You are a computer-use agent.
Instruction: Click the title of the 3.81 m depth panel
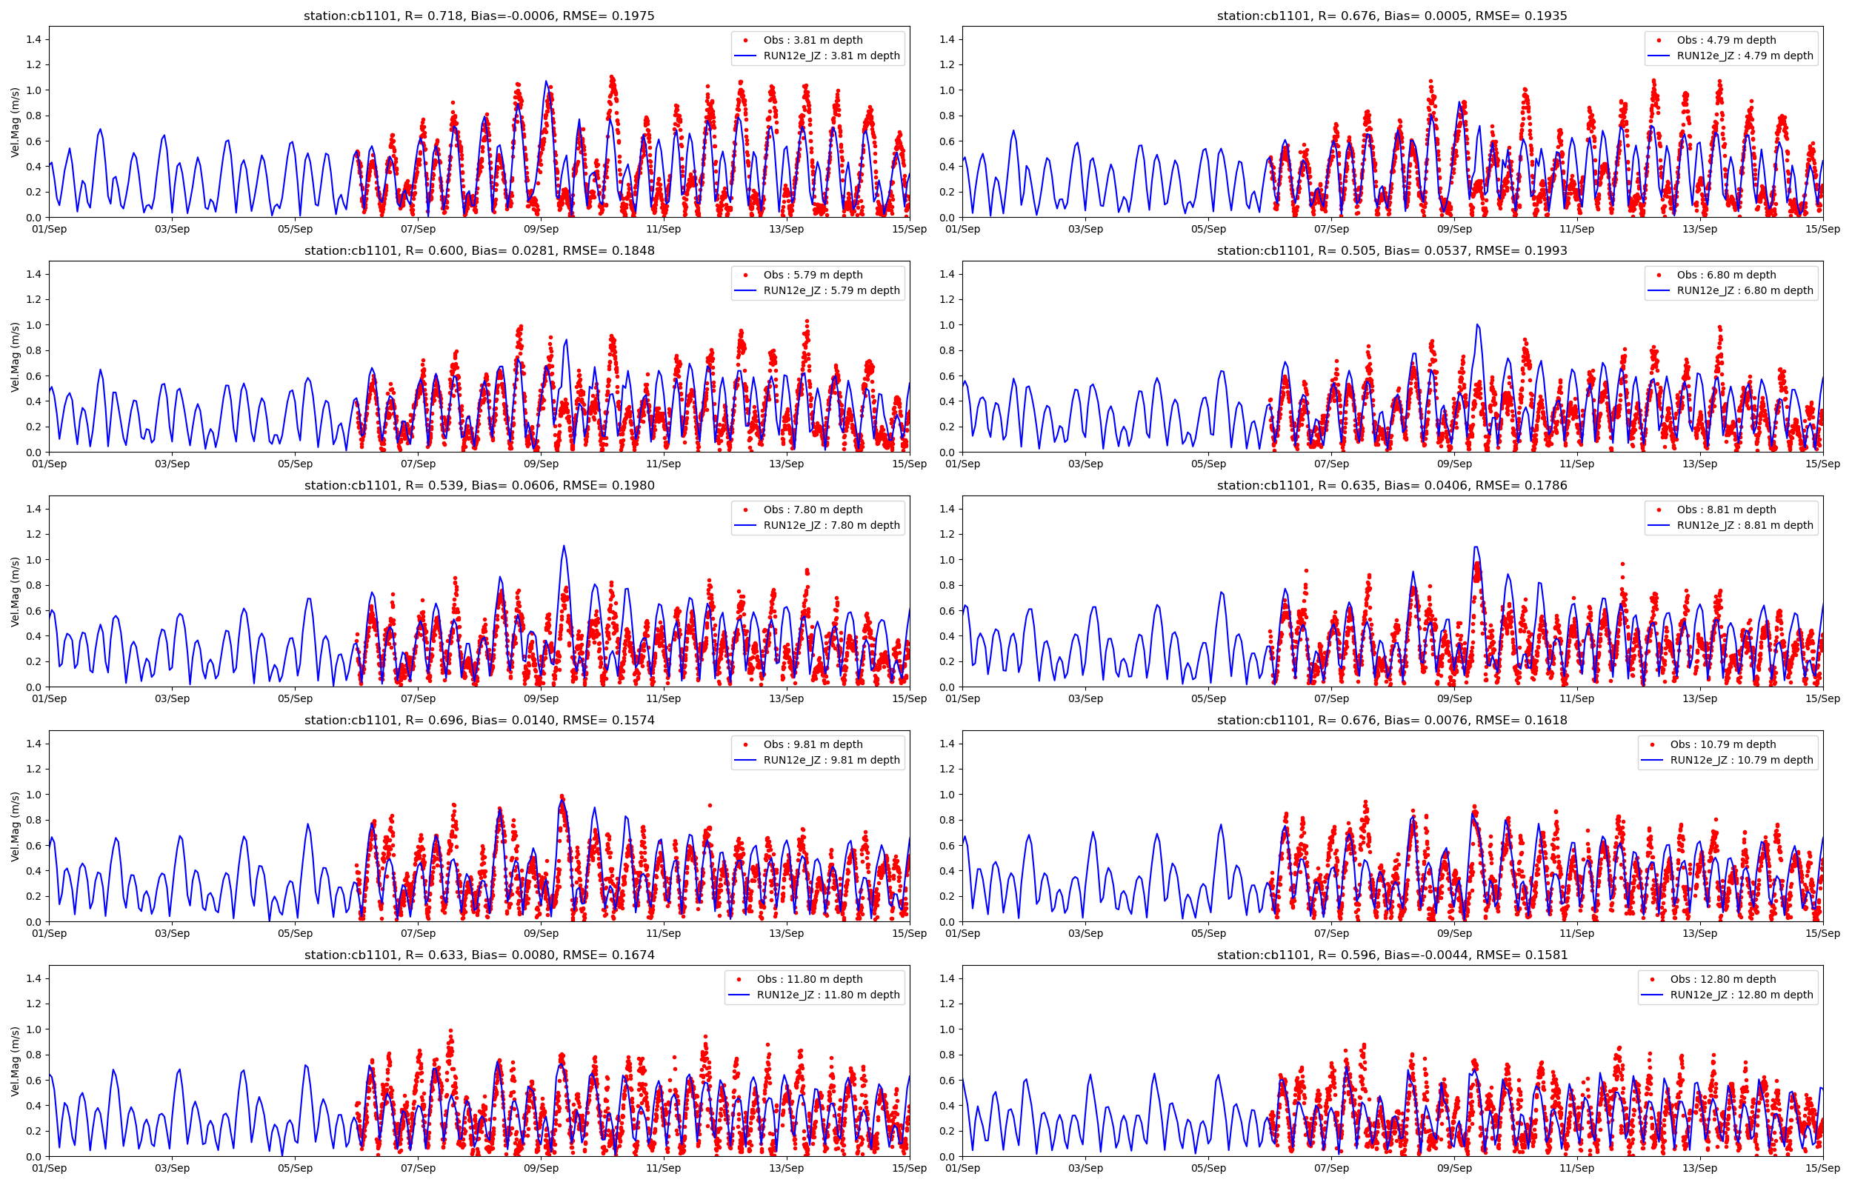[479, 16]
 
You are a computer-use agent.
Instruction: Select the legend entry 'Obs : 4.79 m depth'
[1726, 40]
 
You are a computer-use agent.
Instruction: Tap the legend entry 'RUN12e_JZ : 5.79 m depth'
[831, 290]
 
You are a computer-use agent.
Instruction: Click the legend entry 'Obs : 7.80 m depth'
[813, 510]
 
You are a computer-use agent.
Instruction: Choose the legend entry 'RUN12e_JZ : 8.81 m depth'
[1745, 525]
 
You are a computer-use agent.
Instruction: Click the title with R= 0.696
[479, 720]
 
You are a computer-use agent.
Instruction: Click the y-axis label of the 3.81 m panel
[16, 122]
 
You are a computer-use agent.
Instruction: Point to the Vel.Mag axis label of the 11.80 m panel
[16, 1061]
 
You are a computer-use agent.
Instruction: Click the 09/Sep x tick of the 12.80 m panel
[1454, 1168]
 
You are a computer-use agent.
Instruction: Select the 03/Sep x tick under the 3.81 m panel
[172, 229]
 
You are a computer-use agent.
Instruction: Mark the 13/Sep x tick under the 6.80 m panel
[1699, 463]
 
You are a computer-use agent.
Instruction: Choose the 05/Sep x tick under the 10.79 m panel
[1208, 933]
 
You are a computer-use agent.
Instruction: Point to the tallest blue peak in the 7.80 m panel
[564, 547]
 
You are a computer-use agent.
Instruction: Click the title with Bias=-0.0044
[1392, 955]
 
